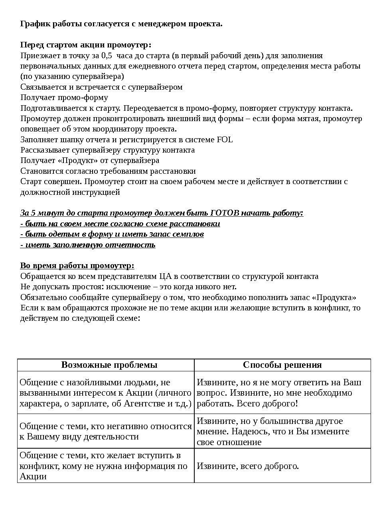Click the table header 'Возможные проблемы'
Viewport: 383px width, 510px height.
tap(109, 365)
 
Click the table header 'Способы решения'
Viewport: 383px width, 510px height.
tap(282, 365)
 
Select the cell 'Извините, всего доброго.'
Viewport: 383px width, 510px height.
tap(248, 466)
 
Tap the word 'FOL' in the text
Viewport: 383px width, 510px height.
tap(225, 139)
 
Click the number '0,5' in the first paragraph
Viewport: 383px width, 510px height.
tap(107, 55)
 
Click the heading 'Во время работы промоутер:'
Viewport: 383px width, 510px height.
tap(77, 266)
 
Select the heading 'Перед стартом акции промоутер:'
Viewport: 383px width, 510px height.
tap(86, 45)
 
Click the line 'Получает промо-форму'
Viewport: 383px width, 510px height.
tap(64, 98)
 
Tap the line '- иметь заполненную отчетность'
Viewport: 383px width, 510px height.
tap(88, 245)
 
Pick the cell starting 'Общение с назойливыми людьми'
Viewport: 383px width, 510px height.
tap(105, 393)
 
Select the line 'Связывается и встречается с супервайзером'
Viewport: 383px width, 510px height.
tap(101, 87)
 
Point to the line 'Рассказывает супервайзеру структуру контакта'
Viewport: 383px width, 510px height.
tap(107, 150)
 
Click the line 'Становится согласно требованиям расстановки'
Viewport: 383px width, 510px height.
tap(108, 171)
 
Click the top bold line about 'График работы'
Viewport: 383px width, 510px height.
tap(121, 24)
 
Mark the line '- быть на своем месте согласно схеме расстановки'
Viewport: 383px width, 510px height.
tap(120, 224)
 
